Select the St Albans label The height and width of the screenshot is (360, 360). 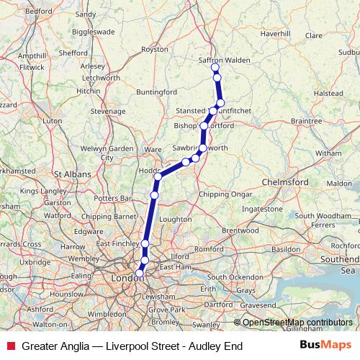click(71, 174)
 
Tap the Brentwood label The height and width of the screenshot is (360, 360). click(240, 230)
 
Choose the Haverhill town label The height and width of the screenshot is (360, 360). click(274, 33)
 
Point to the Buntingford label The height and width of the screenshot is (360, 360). click(156, 91)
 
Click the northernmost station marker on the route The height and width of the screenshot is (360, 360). click(215, 67)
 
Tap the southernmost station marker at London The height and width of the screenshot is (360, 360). click(140, 273)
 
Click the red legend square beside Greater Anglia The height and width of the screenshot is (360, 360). click(9, 346)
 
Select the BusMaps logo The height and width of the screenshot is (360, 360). click(325, 346)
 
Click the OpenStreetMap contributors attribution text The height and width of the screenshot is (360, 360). click(297, 322)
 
